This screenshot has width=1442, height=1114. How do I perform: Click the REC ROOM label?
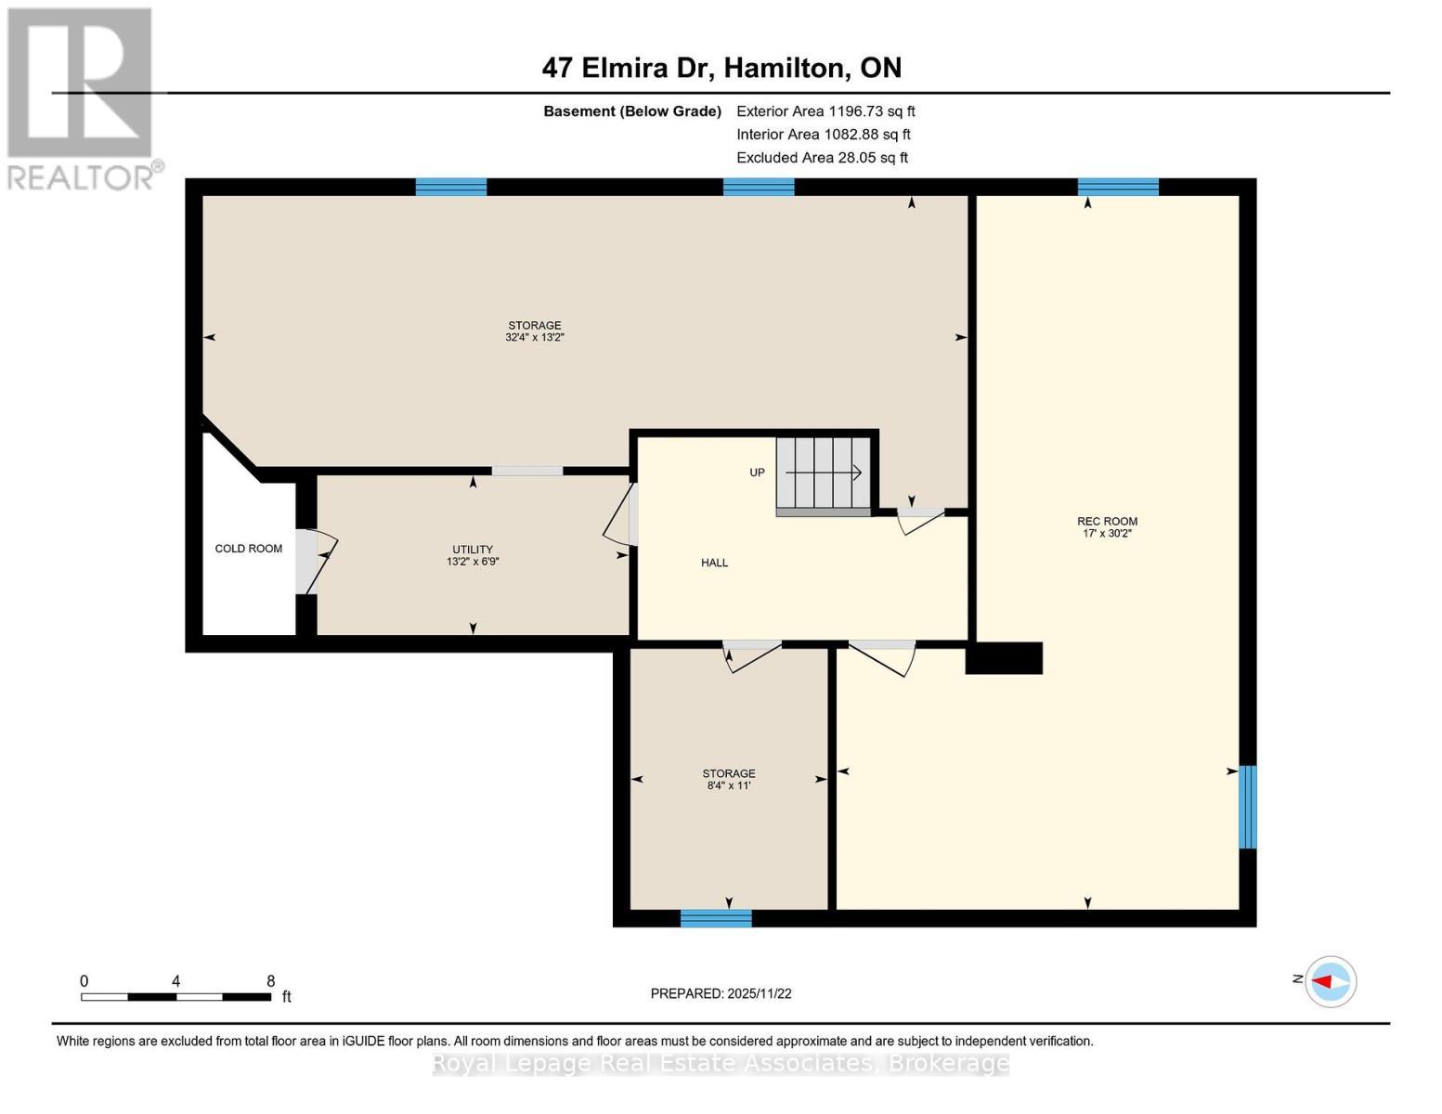(1107, 522)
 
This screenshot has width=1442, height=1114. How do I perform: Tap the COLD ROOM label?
(248, 549)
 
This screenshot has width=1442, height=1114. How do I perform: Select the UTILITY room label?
(473, 550)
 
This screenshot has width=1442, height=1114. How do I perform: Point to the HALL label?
(714, 563)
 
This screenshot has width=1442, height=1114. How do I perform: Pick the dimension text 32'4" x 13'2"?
(535, 338)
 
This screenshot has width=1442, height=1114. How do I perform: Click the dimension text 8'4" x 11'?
(729, 785)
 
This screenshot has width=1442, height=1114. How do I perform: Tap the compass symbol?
(1331, 981)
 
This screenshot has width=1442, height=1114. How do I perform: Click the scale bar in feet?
(176, 996)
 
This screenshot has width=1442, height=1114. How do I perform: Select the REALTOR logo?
(82, 97)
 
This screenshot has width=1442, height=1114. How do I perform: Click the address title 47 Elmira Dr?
(721, 68)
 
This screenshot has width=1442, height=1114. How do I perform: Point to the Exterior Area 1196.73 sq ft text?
(825, 111)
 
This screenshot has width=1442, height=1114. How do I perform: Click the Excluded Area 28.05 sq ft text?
(822, 158)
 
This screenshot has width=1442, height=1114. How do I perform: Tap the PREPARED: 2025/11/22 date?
(721, 993)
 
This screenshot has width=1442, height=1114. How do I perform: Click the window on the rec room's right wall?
(1248, 807)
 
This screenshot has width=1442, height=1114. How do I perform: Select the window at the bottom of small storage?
(716, 918)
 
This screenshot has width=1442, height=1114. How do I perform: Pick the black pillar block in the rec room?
(1005, 658)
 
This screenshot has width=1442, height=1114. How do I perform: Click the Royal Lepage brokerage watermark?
(721, 1063)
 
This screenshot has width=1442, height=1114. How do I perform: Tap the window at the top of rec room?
(1118, 187)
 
